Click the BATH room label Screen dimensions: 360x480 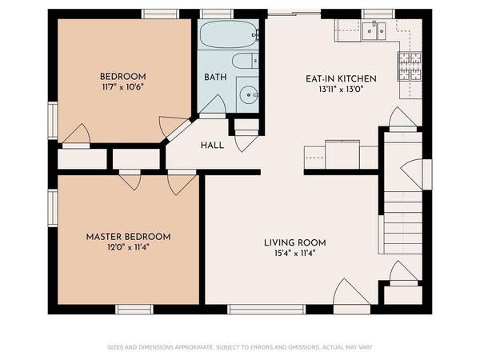(x=215, y=77)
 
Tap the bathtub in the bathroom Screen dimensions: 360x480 (x=228, y=35)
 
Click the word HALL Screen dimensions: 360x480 (x=212, y=145)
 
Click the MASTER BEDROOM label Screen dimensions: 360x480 (x=128, y=237)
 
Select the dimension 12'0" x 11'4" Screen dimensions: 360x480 (x=128, y=247)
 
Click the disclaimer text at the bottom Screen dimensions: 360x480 (x=240, y=347)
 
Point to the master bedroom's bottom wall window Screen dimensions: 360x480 (x=134, y=309)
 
